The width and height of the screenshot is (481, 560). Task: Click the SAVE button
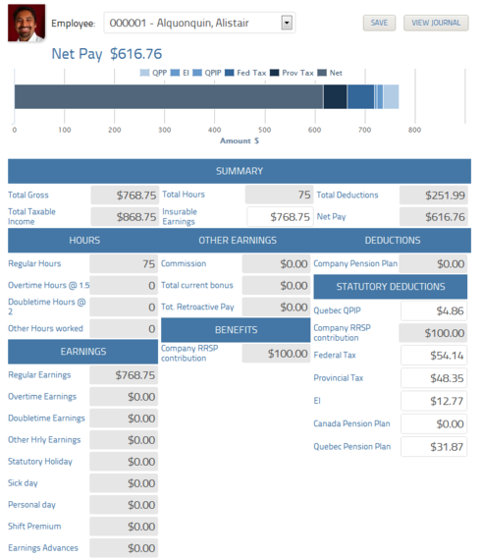tap(378, 23)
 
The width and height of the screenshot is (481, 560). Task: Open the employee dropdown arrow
tap(287, 22)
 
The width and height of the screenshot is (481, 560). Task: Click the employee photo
tap(26, 23)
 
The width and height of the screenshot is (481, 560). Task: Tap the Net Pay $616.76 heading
tap(107, 54)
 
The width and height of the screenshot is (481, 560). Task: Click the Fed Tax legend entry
tap(250, 73)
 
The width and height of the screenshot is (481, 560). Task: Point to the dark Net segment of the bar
tap(168, 96)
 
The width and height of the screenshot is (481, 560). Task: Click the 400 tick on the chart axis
tap(215, 130)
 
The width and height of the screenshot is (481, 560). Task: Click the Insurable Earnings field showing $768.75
tap(280, 216)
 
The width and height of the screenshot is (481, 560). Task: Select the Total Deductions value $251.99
tap(434, 196)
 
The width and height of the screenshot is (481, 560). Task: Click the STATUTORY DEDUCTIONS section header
tap(392, 287)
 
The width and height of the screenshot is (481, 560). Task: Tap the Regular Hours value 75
tap(124, 264)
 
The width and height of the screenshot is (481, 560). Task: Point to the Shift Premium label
tap(35, 526)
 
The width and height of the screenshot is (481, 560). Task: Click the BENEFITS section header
tap(237, 329)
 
